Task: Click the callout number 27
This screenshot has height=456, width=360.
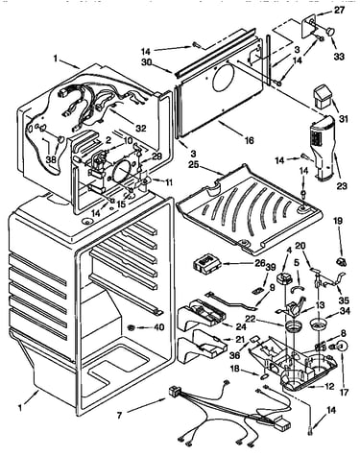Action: pos(339,11)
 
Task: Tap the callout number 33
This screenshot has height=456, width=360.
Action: pos(339,57)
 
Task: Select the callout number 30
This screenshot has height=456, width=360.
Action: pos(148,63)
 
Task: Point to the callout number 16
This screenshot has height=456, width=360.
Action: pos(249,140)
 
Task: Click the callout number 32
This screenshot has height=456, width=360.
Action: pos(140,128)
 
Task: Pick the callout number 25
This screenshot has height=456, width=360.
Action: pos(193,165)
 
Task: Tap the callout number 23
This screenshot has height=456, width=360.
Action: pos(342,185)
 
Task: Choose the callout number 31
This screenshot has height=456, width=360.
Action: pos(344,119)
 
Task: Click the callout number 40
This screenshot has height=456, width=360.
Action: pos(159,327)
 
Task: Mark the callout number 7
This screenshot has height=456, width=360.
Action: pos(119,416)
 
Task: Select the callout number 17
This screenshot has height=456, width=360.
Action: pos(344,392)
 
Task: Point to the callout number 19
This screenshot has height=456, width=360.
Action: pos(338,221)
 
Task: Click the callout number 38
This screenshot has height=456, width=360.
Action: pos(51,159)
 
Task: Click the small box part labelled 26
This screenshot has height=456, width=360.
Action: pos(207,264)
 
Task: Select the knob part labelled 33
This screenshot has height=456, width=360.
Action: pos(330,32)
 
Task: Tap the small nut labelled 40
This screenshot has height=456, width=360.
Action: pos(131,327)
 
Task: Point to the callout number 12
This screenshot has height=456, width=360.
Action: pos(328,386)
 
